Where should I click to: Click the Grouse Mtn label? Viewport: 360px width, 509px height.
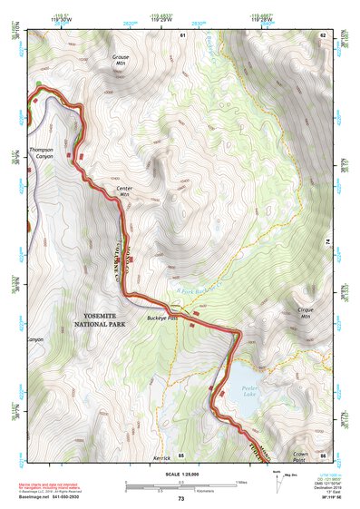(x=121, y=60)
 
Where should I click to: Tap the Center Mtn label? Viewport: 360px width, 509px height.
(x=124, y=191)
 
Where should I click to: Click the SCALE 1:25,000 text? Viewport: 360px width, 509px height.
(x=179, y=475)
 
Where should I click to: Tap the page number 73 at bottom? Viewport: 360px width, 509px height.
(x=180, y=499)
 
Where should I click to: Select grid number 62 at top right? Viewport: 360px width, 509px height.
(x=322, y=34)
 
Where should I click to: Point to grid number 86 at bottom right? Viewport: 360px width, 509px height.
(x=323, y=455)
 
